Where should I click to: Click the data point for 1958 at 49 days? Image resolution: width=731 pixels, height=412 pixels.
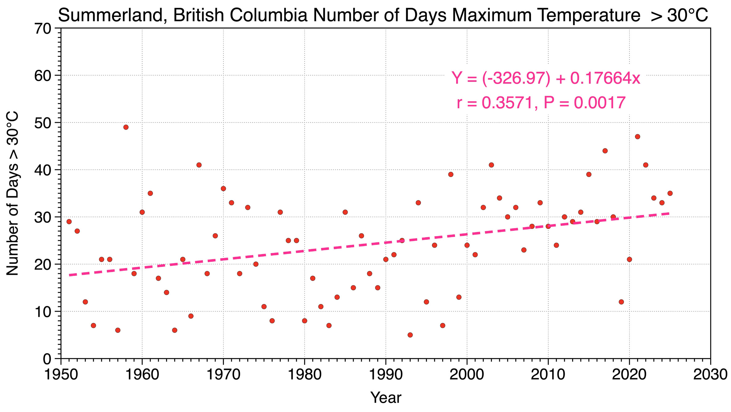pos(126,127)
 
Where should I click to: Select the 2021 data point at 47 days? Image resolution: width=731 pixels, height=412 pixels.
pos(637,137)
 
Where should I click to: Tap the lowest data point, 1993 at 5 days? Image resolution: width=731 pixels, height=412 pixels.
pos(410,335)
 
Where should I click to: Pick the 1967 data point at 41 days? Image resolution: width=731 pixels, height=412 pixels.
pos(199,165)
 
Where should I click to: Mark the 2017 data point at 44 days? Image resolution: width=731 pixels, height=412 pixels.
pos(605,151)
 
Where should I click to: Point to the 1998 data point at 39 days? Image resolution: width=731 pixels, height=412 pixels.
pos(451,174)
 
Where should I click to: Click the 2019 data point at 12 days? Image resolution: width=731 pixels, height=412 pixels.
pos(621,302)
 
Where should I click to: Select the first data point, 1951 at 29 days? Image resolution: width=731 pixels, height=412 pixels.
pos(69,222)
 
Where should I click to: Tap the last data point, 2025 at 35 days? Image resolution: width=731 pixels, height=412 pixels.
pos(670,193)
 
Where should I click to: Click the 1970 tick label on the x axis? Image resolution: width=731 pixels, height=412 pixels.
pos(223,375)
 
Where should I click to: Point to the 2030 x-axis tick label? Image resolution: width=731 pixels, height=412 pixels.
pos(710,375)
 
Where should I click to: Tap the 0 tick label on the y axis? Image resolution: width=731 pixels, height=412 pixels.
pos(47,359)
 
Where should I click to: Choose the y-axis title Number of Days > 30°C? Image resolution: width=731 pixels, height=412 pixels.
pos(13,194)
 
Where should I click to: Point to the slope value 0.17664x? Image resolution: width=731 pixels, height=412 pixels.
pos(605,78)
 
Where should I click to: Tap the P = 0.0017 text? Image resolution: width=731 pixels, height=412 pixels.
pos(584,103)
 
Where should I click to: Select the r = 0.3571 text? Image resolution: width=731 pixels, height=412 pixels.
pos(497,103)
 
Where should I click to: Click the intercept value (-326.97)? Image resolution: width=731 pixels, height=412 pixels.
pos(516,78)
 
